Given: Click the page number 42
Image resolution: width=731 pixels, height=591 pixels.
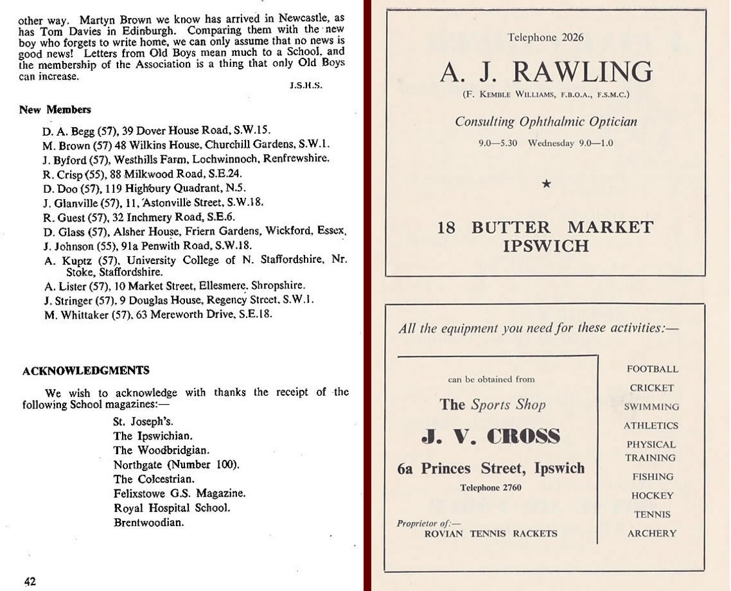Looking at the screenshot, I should click(x=30, y=582).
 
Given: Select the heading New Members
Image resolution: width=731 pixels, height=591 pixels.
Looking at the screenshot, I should click(x=55, y=110).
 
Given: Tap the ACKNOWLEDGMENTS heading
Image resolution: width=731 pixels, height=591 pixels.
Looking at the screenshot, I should click(x=86, y=371).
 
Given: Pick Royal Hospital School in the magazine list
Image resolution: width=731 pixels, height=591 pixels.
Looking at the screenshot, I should click(x=172, y=507).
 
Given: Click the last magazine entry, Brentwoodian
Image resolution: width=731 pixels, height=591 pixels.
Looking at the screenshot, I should click(x=148, y=522).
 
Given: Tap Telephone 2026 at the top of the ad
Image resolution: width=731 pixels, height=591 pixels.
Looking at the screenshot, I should click(x=545, y=37).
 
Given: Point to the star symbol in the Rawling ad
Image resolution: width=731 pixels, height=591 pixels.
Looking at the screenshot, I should click(x=546, y=184).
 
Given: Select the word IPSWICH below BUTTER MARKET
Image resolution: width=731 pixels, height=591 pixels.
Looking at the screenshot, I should click(x=546, y=245).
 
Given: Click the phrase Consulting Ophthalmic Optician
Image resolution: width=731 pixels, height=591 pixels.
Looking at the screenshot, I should click(x=546, y=121).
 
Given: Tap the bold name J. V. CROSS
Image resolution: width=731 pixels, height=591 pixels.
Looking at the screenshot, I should click(x=491, y=436).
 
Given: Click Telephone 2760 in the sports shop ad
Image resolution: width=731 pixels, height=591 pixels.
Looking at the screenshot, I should click(x=490, y=488).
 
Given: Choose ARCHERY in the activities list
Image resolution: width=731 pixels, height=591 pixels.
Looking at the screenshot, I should click(x=651, y=533).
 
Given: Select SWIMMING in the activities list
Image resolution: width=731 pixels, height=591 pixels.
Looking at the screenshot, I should click(x=651, y=407).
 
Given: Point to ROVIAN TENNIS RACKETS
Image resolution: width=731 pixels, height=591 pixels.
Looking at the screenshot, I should click(x=491, y=533).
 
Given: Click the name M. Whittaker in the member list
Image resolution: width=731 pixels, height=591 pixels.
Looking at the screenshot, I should click(x=67, y=314).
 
